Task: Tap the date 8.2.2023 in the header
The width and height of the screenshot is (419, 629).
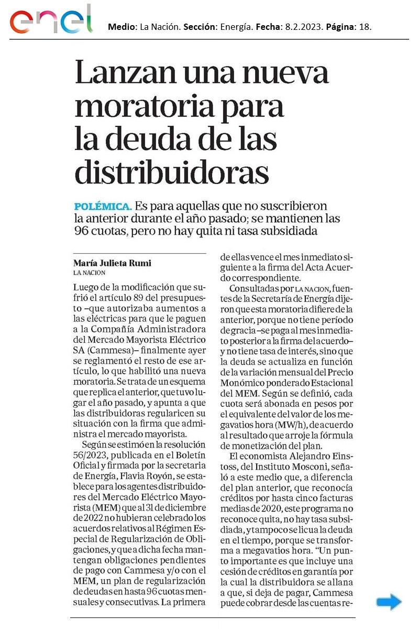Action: point(304,26)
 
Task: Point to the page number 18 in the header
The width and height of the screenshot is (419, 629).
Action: point(365,26)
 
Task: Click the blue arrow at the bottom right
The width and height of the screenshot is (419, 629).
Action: point(389,603)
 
